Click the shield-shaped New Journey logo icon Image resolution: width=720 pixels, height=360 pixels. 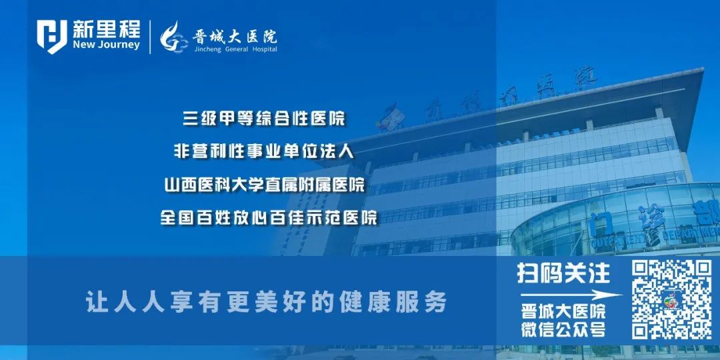tap(51, 37)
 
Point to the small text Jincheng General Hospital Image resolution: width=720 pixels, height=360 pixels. tap(235, 49)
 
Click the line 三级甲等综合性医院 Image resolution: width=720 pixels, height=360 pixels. tap(265, 119)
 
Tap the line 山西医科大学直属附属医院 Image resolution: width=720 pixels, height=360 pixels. tap(264, 185)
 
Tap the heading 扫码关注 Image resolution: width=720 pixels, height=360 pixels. tap(563, 273)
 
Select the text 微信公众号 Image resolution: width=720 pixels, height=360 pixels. tap(563, 329)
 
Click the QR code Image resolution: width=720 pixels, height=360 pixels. tap(671, 299)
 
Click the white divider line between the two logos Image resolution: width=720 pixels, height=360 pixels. tap(151, 37)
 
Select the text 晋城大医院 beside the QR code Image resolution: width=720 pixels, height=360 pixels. tap(563, 311)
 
